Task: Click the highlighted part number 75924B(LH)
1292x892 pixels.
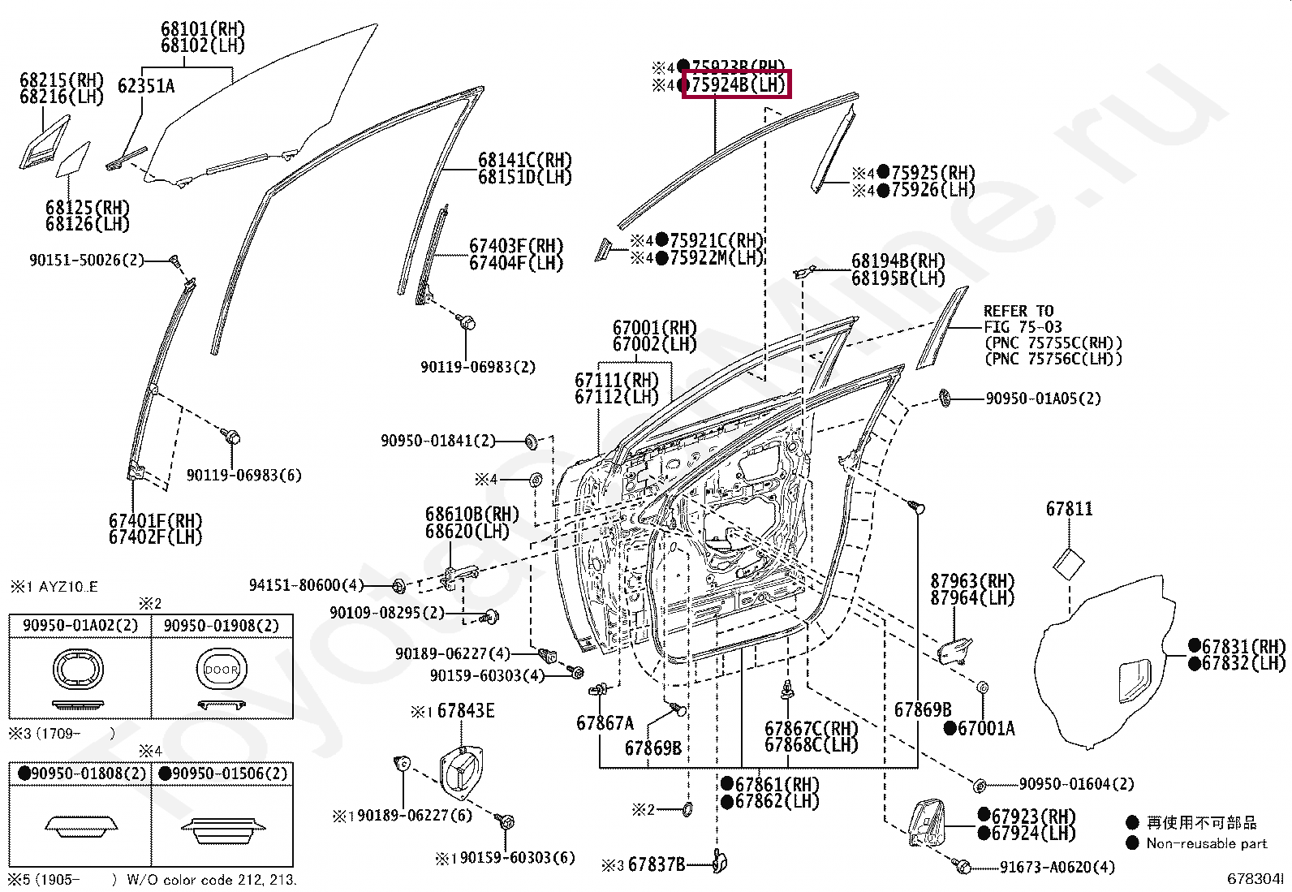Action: [735, 84]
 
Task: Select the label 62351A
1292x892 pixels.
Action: [146, 85]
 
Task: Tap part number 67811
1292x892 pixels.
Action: [1069, 509]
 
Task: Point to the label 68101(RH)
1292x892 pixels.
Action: [202, 29]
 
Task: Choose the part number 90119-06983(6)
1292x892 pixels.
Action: [243, 475]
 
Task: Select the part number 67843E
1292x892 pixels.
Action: [465, 711]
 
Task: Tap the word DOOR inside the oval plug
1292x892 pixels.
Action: [222, 670]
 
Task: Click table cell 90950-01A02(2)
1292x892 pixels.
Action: [80, 626]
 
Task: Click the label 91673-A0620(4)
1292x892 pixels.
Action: [1057, 867]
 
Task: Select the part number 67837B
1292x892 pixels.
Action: [657, 864]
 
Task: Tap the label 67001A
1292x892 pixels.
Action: [985, 729]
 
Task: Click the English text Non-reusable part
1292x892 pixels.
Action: [1206, 843]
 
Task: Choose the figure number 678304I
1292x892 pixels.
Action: [1255, 879]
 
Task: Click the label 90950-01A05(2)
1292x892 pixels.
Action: [1043, 399]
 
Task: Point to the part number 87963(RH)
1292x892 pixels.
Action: [972, 581]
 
